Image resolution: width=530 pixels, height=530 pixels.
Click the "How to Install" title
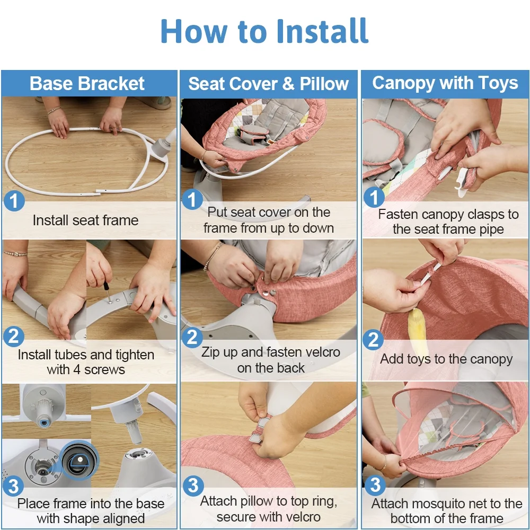tap(264, 31)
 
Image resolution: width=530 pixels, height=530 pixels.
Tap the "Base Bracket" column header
tap(87, 84)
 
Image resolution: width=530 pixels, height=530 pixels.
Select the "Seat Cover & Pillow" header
tap(268, 84)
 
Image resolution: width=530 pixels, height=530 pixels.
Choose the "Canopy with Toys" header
tap(445, 83)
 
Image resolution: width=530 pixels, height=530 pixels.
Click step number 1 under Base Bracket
tap(14, 201)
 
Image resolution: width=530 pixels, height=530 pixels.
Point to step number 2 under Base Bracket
tap(14, 337)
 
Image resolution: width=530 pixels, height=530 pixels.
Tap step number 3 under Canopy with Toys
tap(375, 485)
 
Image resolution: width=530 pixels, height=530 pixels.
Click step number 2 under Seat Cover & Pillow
tap(192, 337)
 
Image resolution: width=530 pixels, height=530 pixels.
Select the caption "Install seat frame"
tap(85, 220)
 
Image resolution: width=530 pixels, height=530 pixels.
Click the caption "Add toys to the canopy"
tap(446, 359)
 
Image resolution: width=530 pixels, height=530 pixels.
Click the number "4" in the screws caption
tap(77, 370)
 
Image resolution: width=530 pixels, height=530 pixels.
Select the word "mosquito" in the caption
tap(440, 504)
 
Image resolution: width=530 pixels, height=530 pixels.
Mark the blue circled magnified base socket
tap(80, 460)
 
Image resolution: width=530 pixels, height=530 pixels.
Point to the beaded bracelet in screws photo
tap(15, 253)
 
